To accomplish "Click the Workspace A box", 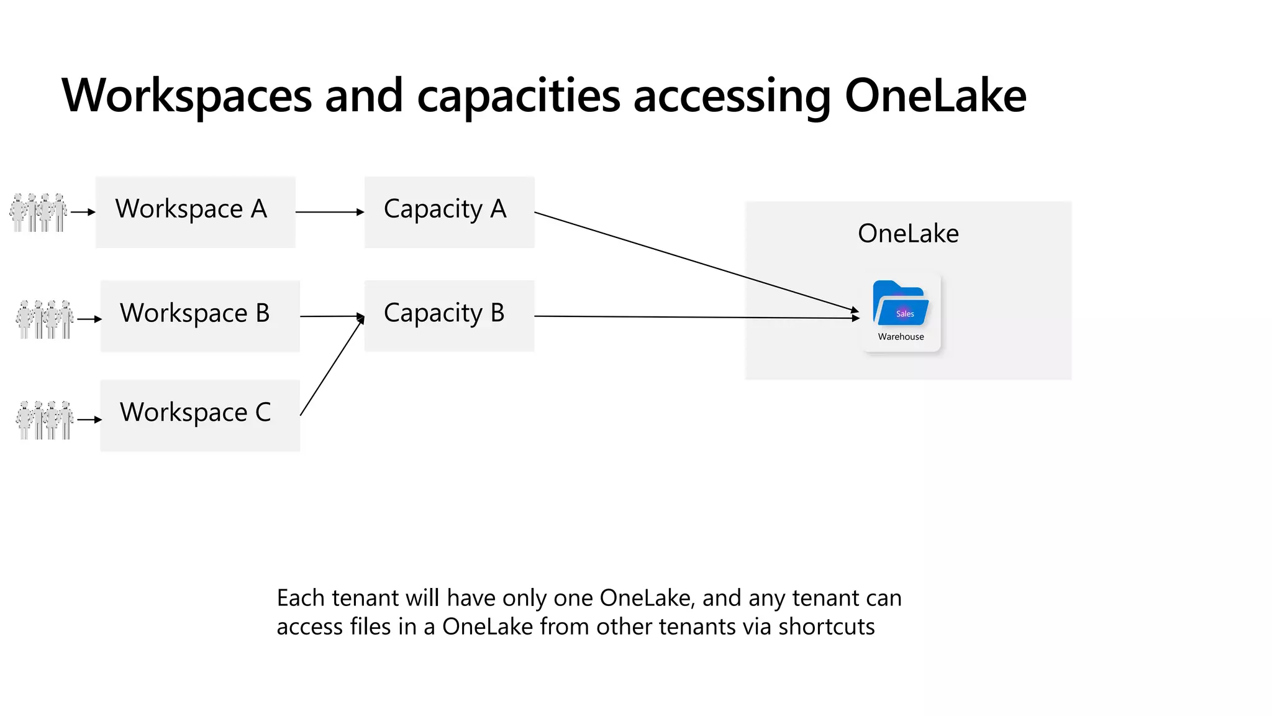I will pyautogui.click(x=195, y=212).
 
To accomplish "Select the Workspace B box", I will pyautogui.click(x=200, y=316).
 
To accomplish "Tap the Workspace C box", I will pyautogui.click(x=200, y=415).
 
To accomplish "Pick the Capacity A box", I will pyautogui.click(x=449, y=212).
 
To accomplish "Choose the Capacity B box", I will pyautogui.click(x=449, y=316).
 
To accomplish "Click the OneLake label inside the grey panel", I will pyautogui.click(x=908, y=234).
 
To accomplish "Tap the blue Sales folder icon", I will pyautogui.click(x=900, y=304).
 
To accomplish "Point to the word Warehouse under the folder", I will pyautogui.click(x=901, y=337).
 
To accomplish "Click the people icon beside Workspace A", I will pyautogui.click(x=39, y=212).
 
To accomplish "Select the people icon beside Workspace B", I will pyautogui.click(x=45, y=319).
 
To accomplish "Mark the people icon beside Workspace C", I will pyautogui.click(x=45, y=420).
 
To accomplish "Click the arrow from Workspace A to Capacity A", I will pyautogui.click(x=330, y=212).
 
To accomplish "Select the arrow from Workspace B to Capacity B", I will pyautogui.click(x=332, y=316).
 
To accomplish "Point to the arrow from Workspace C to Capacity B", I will pyautogui.click(x=332, y=366).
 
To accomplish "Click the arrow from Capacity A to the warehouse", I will pyautogui.click(x=696, y=261).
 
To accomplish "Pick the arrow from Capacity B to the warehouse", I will pyautogui.click(x=696, y=317).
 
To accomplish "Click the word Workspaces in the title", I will pyautogui.click(x=187, y=96).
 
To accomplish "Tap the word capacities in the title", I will pyautogui.click(x=519, y=96).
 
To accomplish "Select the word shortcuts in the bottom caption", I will pyautogui.click(x=826, y=626).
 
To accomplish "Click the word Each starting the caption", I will pyautogui.click(x=301, y=598).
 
